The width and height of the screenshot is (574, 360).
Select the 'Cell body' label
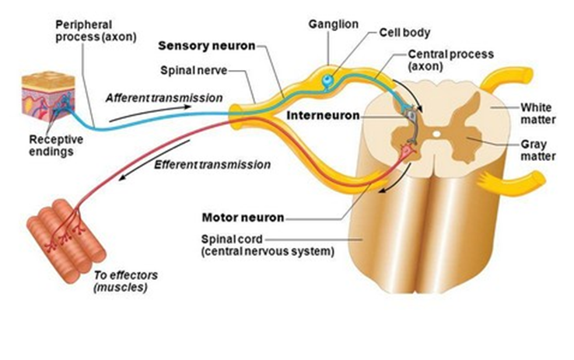tap(404, 33)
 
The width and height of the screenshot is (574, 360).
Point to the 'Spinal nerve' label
tap(194, 70)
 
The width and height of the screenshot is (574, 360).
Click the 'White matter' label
tap(535, 113)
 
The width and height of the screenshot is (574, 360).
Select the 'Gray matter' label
tap(536, 151)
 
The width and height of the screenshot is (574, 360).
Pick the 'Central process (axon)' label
tap(443, 61)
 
